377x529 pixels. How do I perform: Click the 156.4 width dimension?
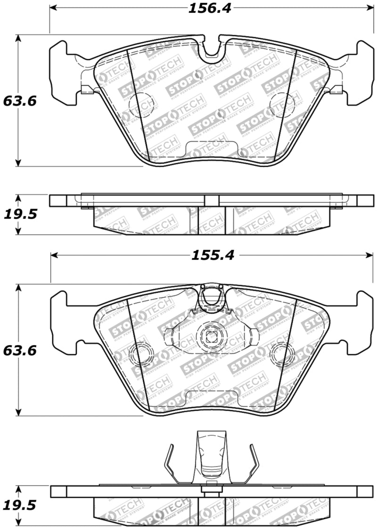tap(210, 8)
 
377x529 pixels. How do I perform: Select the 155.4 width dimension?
tap(212, 255)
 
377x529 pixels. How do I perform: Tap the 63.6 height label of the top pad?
tap(19, 101)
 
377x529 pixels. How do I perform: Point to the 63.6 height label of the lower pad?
tap(19, 350)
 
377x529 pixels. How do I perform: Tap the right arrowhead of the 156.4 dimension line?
tap(369, 8)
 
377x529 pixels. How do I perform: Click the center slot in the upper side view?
tap(212, 200)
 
